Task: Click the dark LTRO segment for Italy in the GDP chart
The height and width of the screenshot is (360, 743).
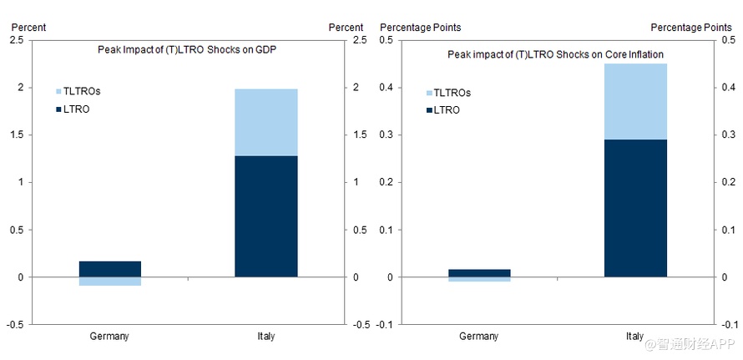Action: (265, 215)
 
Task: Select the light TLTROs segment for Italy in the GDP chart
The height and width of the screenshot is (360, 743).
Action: (265, 122)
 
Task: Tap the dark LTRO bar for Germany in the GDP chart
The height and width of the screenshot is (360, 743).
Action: (122, 268)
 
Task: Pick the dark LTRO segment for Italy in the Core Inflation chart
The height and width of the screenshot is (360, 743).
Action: (635, 207)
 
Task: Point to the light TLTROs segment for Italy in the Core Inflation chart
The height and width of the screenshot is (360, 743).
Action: (635, 101)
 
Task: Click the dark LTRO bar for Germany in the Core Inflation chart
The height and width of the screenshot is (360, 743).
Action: (479, 272)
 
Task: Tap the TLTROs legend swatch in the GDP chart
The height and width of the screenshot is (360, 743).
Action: (58, 90)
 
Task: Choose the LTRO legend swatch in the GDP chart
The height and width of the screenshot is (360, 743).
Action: (58, 109)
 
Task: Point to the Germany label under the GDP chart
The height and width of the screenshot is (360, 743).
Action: (109, 337)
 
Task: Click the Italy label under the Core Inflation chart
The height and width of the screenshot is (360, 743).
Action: (634, 337)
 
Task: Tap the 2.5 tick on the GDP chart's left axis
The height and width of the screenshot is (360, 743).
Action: (17, 40)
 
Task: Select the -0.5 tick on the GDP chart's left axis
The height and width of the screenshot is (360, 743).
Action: (15, 324)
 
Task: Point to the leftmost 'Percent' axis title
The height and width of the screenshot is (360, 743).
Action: (28, 28)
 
